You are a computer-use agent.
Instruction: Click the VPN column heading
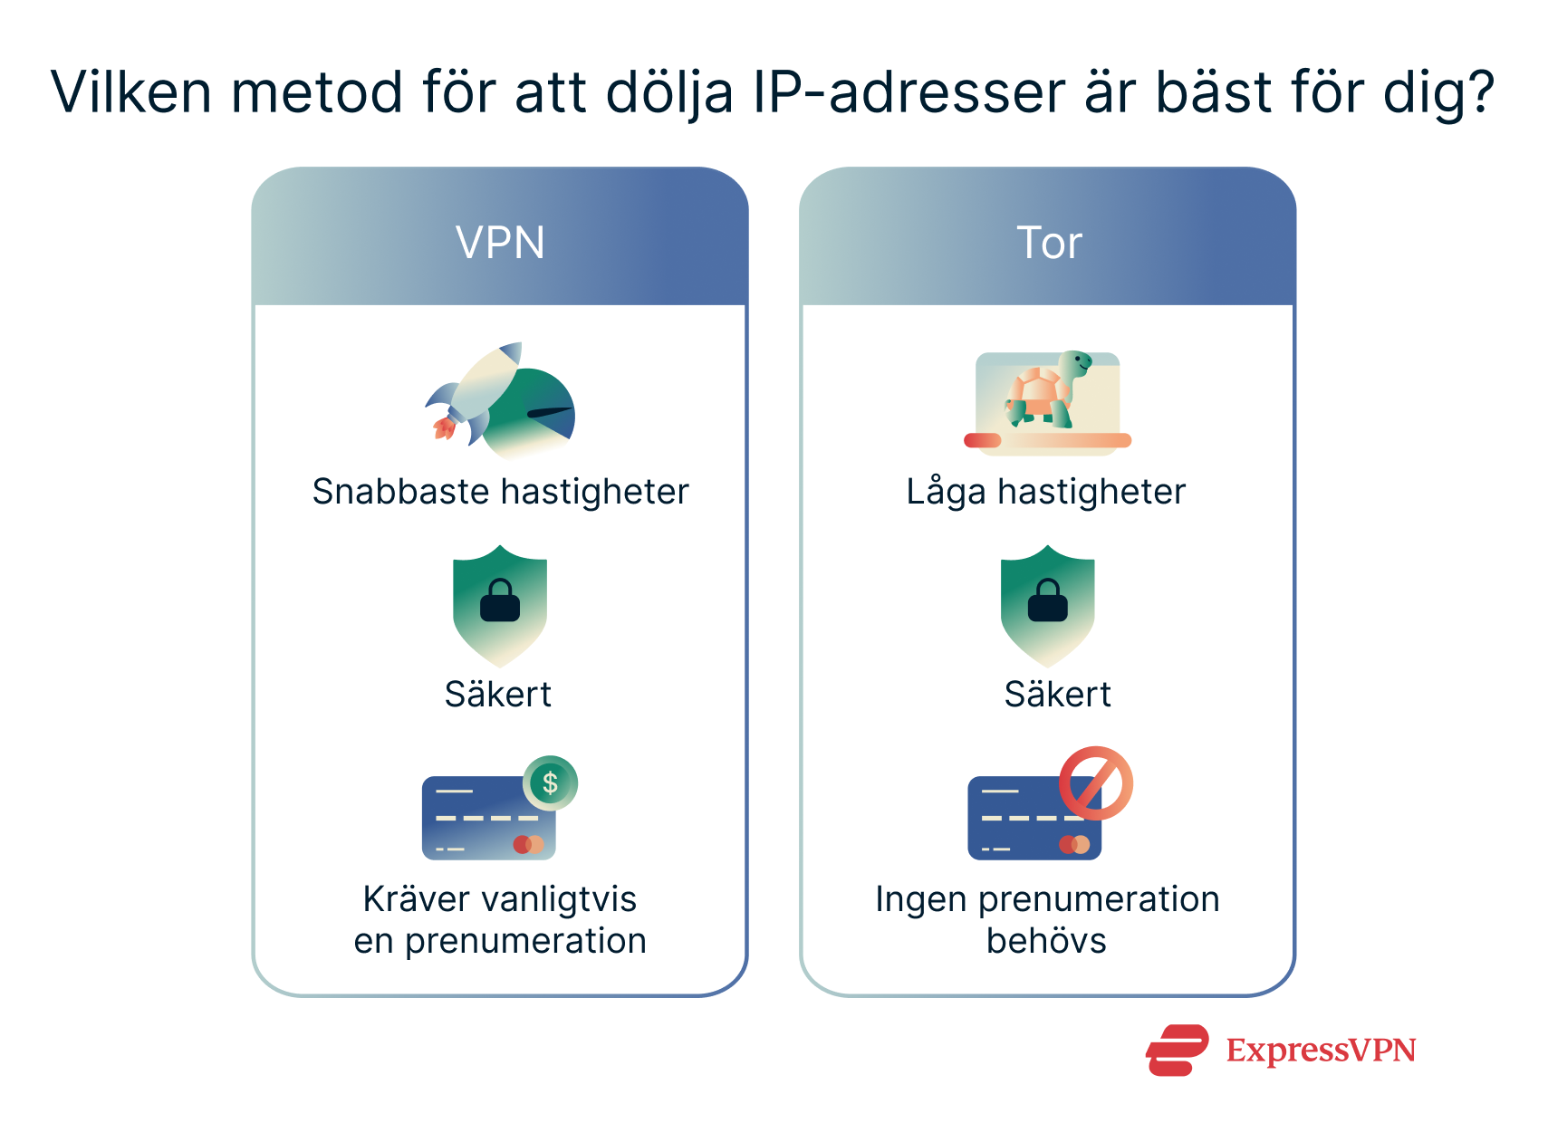coord(500,243)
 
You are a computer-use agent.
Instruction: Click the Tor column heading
coord(1049,243)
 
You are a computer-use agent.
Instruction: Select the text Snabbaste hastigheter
coord(500,492)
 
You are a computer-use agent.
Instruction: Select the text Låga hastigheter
coord(1046,492)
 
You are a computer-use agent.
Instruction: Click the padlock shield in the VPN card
coord(500,604)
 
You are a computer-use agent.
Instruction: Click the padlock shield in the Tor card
coord(1048,604)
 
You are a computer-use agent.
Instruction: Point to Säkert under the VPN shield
coord(498,695)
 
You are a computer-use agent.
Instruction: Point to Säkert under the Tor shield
coord(1057,695)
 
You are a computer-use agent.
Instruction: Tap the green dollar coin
coord(550,782)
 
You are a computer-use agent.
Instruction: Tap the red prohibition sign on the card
coord(1096,783)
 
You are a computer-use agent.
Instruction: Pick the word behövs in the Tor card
coord(1046,941)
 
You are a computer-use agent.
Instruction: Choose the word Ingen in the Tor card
coord(921,900)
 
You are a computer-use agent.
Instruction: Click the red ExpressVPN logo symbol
coord(1177,1051)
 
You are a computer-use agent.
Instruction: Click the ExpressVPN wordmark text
coord(1321,1051)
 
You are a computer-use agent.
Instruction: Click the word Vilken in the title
coord(130,92)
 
